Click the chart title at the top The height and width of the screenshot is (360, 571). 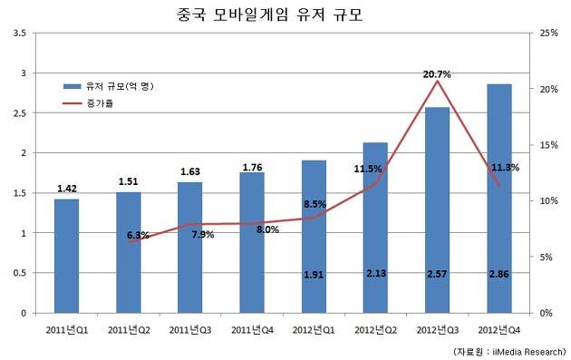[x=270, y=15]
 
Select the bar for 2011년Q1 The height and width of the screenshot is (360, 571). [x=67, y=256]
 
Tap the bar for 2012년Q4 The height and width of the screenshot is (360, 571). [x=499, y=199]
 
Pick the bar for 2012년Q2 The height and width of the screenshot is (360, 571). [x=375, y=228]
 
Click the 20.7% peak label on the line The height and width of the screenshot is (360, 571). [x=437, y=74]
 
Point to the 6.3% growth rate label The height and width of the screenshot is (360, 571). [x=138, y=236]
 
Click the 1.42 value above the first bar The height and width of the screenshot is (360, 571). [x=67, y=189]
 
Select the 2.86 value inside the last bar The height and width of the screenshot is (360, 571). [x=498, y=274]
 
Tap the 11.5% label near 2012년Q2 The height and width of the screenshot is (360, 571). [x=368, y=169]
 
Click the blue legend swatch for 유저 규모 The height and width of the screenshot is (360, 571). [x=73, y=86]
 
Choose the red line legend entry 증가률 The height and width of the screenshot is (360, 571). [x=89, y=103]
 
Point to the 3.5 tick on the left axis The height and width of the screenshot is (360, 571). [x=20, y=34]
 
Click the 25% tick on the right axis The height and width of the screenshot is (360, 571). [x=548, y=34]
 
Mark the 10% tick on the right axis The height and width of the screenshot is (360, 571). [x=548, y=200]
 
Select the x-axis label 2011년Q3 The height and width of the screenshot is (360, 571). [x=190, y=330]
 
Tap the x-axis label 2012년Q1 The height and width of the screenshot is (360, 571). [x=314, y=330]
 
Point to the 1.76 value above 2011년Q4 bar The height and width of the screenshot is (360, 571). [x=252, y=167]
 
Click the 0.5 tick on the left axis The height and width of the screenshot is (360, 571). [x=20, y=273]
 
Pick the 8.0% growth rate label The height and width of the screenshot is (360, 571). [x=267, y=229]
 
